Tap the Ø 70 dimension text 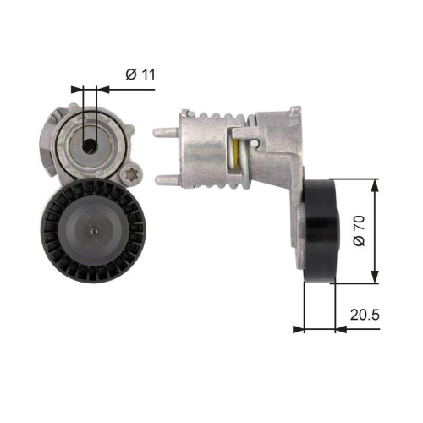coord(358,230)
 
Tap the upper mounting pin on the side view coord(164,131)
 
